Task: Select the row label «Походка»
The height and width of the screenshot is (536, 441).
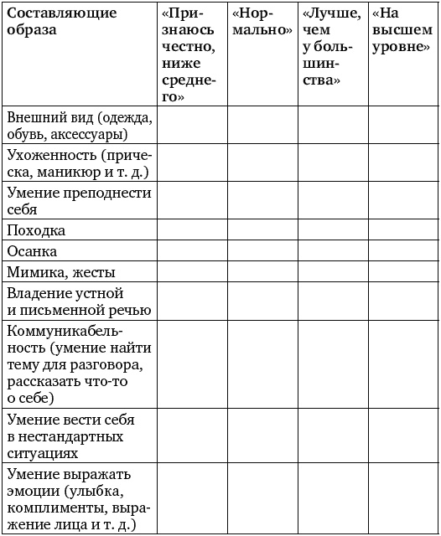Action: pyautogui.click(x=35, y=230)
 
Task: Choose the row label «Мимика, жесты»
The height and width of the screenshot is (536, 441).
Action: pyautogui.click(x=60, y=272)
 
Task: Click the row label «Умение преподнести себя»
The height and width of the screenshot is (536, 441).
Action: pyautogui.click(x=79, y=201)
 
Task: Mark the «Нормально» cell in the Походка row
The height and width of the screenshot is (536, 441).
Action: pyautogui.click(x=261, y=230)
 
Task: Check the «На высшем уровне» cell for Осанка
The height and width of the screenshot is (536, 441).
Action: pyautogui.click(x=402, y=251)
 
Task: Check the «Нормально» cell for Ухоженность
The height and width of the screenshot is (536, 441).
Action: pyautogui.click(x=261, y=164)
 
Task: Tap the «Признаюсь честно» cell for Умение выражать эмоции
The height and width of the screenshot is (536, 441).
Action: pyautogui.click(x=191, y=498)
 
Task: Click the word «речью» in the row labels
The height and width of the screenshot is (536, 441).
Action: pyautogui.click(x=126, y=310)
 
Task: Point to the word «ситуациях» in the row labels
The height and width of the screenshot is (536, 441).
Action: pyautogui.click(x=42, y=453)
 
